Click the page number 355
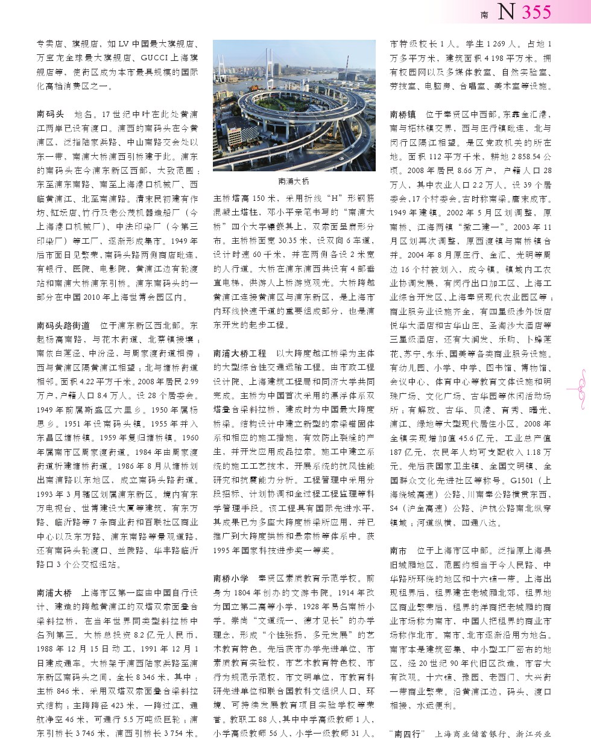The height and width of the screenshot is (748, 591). click(536, 12)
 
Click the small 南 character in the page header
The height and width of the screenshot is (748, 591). click(484, 15)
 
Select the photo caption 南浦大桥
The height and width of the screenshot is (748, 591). click(294, 181)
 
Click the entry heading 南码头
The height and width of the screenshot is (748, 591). click(50, 114)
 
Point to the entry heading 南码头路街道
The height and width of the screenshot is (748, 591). click(63, 325)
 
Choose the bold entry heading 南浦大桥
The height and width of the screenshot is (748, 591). click(54, 593)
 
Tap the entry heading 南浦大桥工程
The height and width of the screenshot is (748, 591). click(239, 353)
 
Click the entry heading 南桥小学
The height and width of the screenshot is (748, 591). click(231, 578)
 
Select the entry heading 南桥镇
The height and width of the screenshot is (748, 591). click(403, 114)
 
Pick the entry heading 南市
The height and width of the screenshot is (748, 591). click(399, 551)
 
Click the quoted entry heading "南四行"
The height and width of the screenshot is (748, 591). click(408, 734)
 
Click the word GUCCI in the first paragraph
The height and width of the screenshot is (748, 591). click(154, 58)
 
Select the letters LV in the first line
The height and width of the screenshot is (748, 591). click(124, 44)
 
